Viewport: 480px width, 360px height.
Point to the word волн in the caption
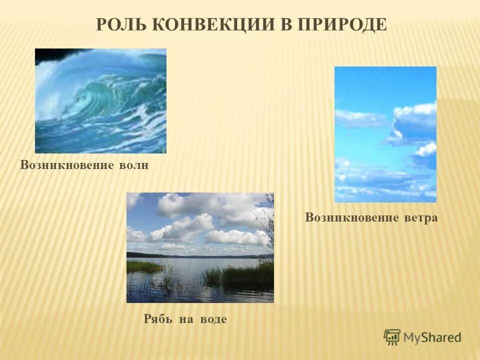[133, 165]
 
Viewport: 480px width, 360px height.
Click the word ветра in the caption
[420, 218]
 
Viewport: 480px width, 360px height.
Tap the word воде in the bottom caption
[213, 319]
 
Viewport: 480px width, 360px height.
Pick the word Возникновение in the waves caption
[67, 165]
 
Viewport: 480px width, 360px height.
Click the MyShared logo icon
[392, 337]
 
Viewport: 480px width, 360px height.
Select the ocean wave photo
[100, 101]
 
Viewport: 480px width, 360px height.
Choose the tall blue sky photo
[385, 134]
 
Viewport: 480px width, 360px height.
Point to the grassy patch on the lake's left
[143, 266]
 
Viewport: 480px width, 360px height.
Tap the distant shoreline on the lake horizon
[200, 256]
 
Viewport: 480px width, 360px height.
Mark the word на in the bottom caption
[185, 319]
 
